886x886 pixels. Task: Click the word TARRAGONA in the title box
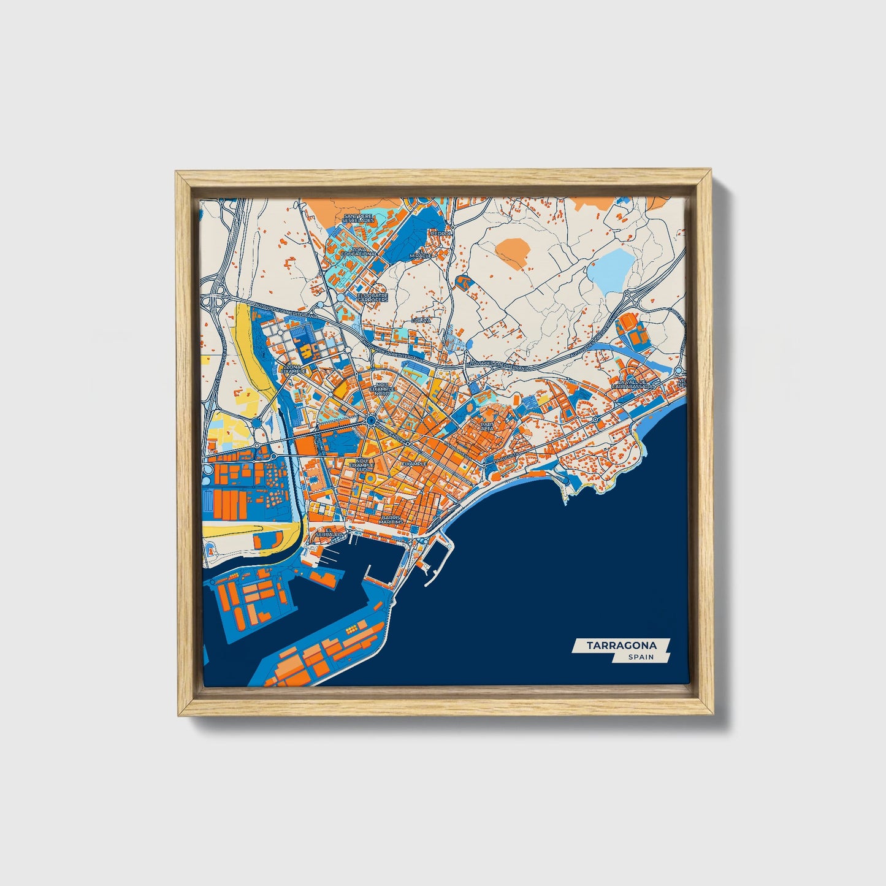click(621, 645)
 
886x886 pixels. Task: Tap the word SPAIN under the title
click(640, 657)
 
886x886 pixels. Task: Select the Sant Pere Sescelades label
click(359, 218)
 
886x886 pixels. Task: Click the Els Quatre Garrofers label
click(373, 297)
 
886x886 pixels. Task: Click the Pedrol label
click(440, 233)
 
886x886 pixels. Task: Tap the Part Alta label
click(487, 426)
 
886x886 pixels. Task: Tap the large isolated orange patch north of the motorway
click(512, 252)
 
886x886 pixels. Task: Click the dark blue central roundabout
click(371, 420)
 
